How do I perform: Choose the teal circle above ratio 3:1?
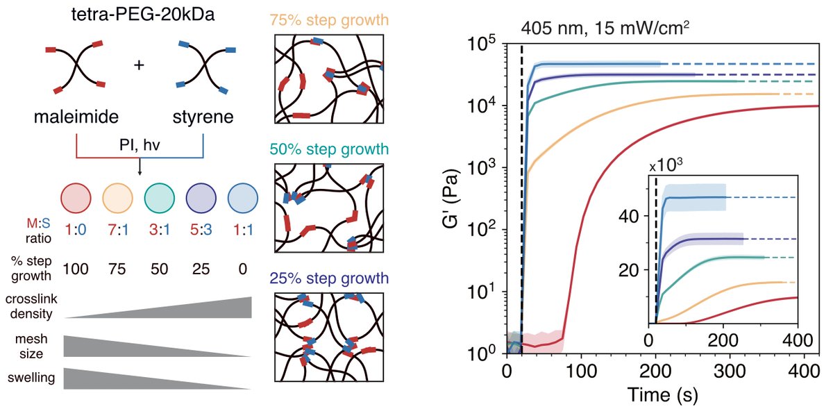coord(159,197)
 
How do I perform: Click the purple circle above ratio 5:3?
coord(200,197)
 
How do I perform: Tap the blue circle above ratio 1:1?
coord(242,197)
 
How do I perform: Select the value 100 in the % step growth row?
coord(76,268)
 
